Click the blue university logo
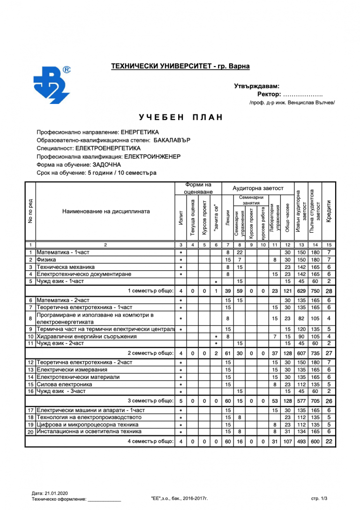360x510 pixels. coord(52,85)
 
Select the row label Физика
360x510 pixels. coord(46,259)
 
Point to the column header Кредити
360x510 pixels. coord(329,212)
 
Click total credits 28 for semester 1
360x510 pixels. coord(329,291)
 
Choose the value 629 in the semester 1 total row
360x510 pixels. coord(302,291)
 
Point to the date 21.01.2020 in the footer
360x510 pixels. coord(57,493)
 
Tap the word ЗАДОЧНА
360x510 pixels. coord(107,165)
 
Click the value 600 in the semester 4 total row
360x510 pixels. coord(315,441)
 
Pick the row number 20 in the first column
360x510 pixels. coord(30,432)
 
